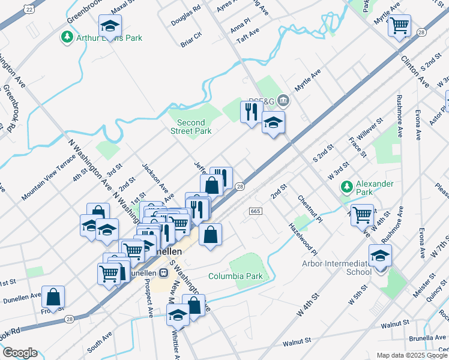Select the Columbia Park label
pyautogui.click(x=236, y=277)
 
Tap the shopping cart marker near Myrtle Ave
pyautogui.click(x=399, y=26)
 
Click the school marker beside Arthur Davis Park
pyautogui.click(x=110, y=26)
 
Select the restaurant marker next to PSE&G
pyautogui.click(x=250, y=111)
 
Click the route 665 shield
pyautogui.click(x=255, y=211)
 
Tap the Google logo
pyautogui.click(x=19, y=353)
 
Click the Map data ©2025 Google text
pyautogui.click(x=411, y=355)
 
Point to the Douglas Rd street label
pyautogui.click(x=185, y=13)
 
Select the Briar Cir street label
pyautogui.click(x=191, y=44)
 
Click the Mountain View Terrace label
pyautogui.click(x=49, y=177)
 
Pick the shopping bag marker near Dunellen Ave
pyautogui.click(x=53, y=296)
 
